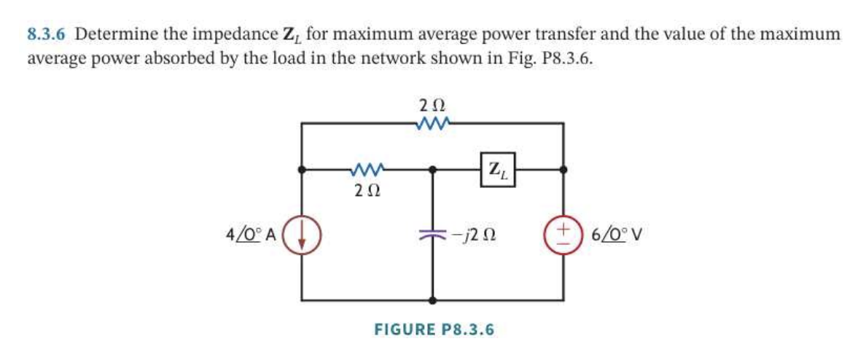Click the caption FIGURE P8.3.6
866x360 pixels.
pyautogui.click(x=434, y=329)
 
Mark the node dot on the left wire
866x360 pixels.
pyautogui.click(x=302, y=170)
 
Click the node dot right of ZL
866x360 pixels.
pyautogui.click(x=563, y=170)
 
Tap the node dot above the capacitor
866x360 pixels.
pyautogui.click(x=434, y=170)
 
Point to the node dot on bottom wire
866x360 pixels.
pyautogui.click(x=434, y=300)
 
